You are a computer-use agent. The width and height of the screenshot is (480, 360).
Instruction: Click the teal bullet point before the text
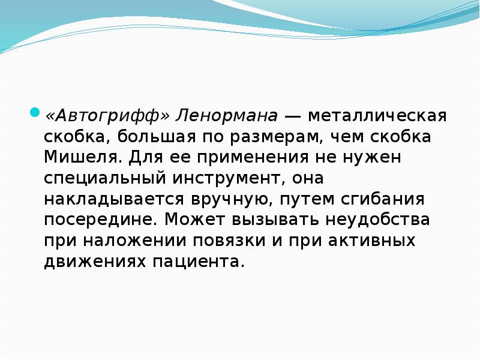[x=35, y=112]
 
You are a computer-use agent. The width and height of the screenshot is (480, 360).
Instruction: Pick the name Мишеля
[x=84, y=157]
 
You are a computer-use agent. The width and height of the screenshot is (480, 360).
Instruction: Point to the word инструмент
[x=233, y=178]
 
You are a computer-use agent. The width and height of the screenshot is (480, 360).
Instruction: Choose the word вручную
[x=219, y=199]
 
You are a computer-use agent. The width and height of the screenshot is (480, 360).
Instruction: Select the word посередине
[x=101, y=220]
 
